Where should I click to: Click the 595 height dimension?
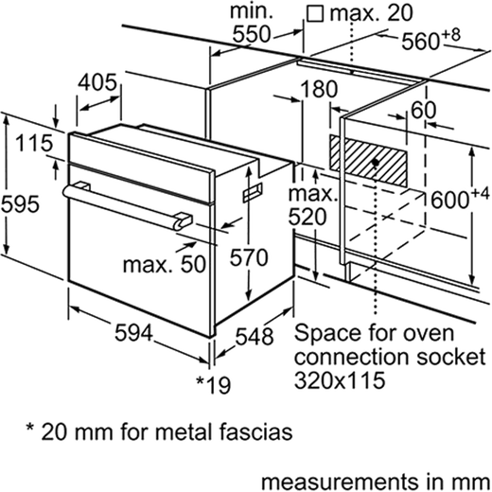20,203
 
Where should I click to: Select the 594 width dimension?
133,333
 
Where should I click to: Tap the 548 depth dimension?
255,336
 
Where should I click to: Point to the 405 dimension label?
97,82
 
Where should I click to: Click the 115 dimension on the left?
34,143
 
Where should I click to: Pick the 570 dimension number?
249,257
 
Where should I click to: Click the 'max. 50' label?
165,264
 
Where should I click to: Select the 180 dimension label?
319,89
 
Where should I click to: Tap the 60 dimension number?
424,110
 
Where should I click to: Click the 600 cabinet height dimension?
460,199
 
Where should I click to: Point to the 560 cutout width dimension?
430,39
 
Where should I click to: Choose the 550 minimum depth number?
252,34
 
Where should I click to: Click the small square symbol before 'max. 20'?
315,15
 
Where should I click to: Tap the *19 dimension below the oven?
214,385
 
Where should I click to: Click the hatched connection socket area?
368,162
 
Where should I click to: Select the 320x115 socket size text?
340,379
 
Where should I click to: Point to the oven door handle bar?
127,206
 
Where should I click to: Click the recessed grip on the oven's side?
252,192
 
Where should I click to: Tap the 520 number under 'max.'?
307,217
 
